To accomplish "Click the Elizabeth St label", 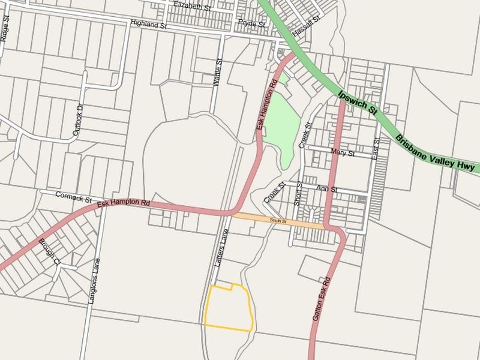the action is [x=192, y=7].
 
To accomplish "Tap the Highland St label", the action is [x=148, y=25].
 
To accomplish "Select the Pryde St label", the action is [x=251, y=23].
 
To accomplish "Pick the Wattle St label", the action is [x=218, y=73].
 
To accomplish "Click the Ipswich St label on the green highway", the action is [x=358, y=102].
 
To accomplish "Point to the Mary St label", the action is [x=343, y=153].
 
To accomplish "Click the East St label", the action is [x=377, y=148].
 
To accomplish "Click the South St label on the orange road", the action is [x=278, y=221].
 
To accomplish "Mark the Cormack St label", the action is [x=73, y=197].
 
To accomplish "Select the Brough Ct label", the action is [x=49, y=252].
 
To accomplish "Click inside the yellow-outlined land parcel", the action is [x=228, y=309].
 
